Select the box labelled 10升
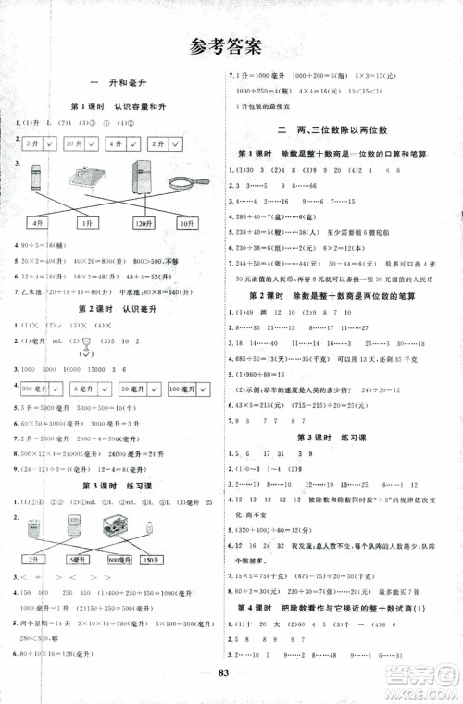tap(188, 223)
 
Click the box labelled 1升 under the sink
tap(87, 223)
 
